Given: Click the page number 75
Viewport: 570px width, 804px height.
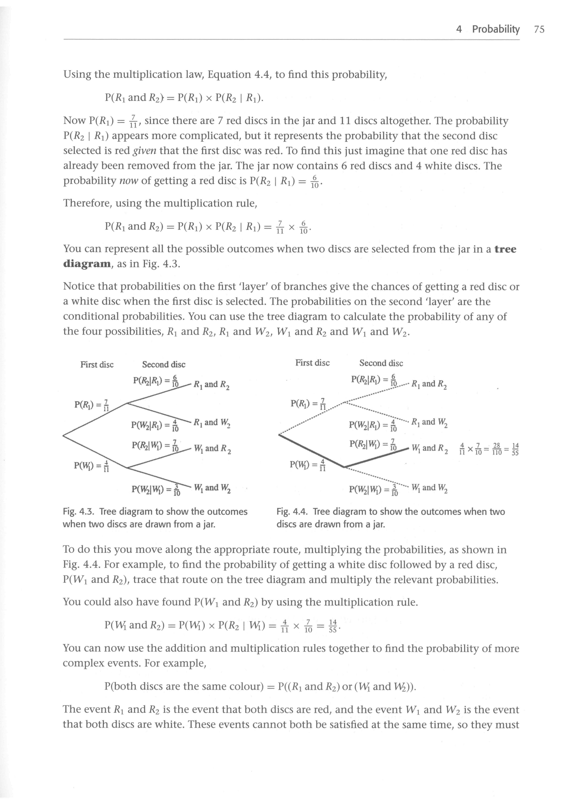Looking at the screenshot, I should click(539, 29).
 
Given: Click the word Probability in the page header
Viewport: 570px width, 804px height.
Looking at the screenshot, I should click(496, 29).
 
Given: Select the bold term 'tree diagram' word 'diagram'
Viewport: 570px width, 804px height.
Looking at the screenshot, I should click(87, 264).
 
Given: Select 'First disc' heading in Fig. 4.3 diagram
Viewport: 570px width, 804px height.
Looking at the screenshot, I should click(97, 365).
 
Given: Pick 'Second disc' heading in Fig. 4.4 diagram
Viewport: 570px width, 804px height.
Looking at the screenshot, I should click(381, 363).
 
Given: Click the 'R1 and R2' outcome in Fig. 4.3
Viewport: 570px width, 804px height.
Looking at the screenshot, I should click(212, 384).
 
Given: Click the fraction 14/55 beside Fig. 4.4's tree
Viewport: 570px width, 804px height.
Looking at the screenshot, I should click(515, 449).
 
